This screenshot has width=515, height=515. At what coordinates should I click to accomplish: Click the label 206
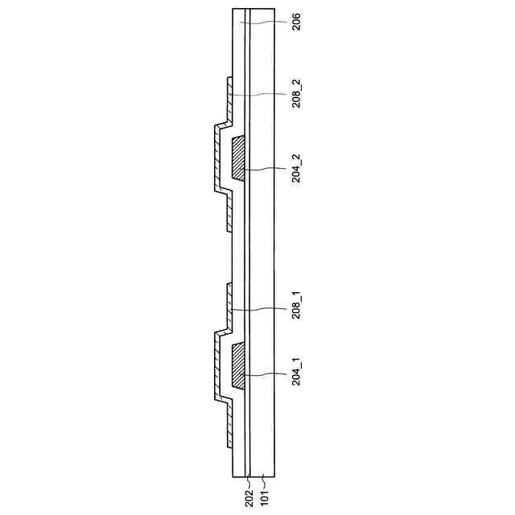click(296, 22)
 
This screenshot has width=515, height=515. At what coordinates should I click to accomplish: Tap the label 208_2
click(296, 93)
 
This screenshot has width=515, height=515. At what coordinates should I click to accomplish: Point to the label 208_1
click(296, 306)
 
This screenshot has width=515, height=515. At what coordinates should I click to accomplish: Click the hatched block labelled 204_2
click(238, 159)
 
